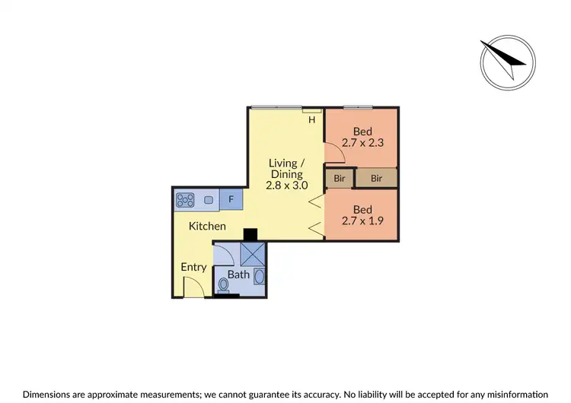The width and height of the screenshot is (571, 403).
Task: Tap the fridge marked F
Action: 231,200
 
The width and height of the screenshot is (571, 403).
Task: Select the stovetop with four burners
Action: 185,200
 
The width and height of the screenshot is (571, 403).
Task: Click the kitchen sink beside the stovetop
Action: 209,200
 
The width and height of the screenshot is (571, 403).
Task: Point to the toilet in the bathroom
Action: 223,286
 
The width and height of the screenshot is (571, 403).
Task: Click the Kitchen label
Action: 207,226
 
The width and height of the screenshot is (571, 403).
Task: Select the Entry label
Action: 193,267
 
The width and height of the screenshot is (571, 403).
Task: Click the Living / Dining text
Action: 285,168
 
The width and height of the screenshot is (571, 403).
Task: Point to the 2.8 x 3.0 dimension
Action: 285,185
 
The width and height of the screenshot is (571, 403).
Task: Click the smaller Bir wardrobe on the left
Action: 340,178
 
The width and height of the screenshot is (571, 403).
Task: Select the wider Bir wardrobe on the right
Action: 377,178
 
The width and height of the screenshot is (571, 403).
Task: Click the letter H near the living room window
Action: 311,120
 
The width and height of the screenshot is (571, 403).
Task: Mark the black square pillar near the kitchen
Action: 248,234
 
